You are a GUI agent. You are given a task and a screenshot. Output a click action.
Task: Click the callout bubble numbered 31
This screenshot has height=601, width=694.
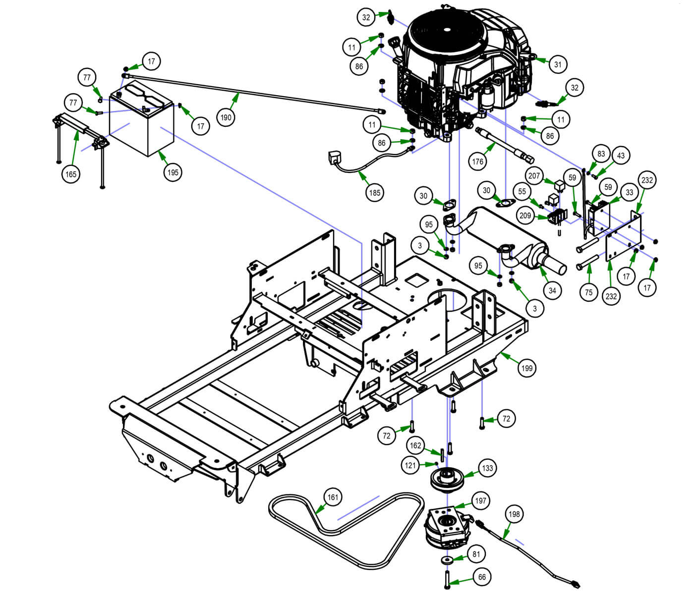[558, 64]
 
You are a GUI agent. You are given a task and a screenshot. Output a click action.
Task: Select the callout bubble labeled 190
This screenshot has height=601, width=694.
[226, 117]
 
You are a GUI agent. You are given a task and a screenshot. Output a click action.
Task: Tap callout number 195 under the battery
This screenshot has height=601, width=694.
[173, 172]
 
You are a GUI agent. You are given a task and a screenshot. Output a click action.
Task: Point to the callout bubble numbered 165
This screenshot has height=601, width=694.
[71, 174]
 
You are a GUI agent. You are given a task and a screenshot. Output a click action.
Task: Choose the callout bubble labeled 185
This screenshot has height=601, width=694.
[375, 192]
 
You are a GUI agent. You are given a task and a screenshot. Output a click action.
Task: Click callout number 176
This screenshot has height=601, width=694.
[477, 162]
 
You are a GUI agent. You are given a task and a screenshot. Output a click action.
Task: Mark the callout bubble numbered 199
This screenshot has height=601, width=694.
[526, 368]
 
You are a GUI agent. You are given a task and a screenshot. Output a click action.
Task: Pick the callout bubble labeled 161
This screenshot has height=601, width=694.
[333, 497]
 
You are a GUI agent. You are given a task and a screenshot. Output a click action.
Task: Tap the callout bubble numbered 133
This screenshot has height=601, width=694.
[488, 468]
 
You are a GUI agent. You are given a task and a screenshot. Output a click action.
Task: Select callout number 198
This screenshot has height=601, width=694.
[515, 514]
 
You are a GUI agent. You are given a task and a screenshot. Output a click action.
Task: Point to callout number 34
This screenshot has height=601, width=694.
[552, 290]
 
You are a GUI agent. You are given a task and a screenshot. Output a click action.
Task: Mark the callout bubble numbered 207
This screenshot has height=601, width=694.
[534, 175]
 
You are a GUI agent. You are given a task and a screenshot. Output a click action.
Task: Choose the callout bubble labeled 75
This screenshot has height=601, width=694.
[588, 292]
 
